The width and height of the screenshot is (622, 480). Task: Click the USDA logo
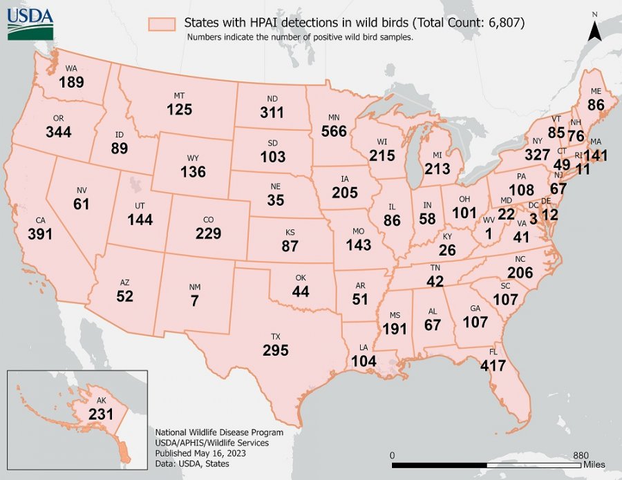[26, 21]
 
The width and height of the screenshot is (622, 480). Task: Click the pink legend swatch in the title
[164, 23]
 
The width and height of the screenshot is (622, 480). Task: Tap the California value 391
[41, 233]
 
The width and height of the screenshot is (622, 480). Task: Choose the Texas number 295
[275, 350]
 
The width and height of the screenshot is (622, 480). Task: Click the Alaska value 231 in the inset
[101, 414]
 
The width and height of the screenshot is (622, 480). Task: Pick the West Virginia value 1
[489, 234]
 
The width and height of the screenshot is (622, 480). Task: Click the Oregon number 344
[59, 131]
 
